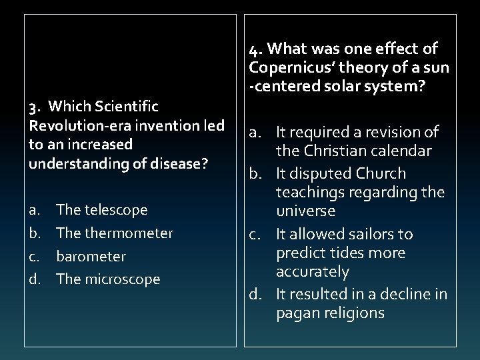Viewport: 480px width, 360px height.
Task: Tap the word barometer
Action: tap(91, 257)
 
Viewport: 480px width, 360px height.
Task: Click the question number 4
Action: tap(255, 49)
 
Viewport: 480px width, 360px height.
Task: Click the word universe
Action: tap(306, 211)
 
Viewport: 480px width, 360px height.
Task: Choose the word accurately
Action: tap(313, 272)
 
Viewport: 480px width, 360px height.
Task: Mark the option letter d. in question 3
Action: tap(35, 279)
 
